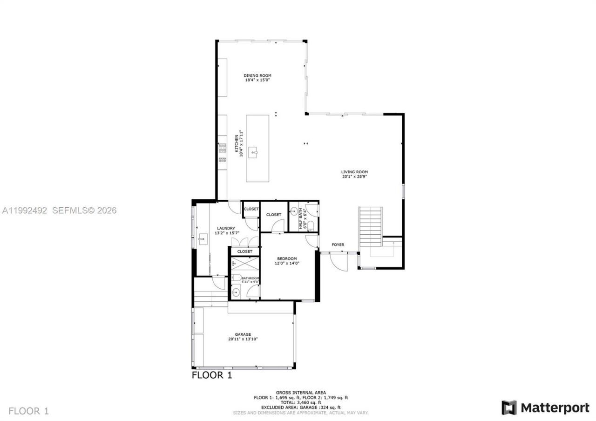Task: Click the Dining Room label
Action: point(257,75)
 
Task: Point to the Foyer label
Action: point(338,244)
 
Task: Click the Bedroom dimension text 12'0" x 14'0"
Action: point(287,263)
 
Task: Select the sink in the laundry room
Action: point(203,240)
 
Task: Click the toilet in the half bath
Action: point(311,226)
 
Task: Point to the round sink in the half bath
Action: point(294,211)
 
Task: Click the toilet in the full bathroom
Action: point(237,278)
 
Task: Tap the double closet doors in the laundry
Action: point(244,242)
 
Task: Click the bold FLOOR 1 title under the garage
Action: point(212,375)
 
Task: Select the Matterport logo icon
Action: point(509,408)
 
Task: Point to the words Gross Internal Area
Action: point(301,393)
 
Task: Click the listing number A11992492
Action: point(24,210)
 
